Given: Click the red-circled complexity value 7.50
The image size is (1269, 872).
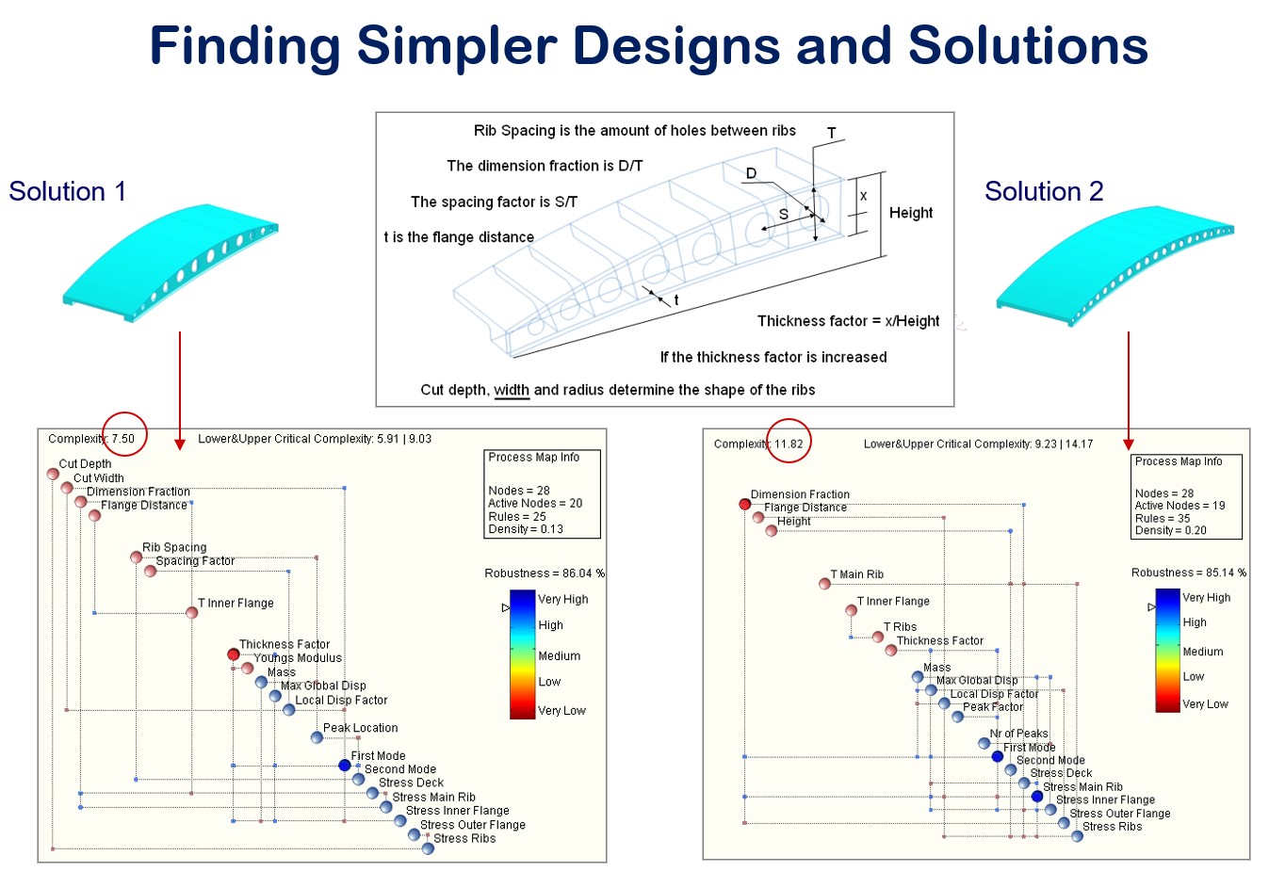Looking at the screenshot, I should click(x=123, y=439).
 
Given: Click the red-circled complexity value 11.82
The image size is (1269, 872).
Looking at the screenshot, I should click(x=789, y=444).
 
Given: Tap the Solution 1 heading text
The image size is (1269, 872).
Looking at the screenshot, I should click(x=68, y=191).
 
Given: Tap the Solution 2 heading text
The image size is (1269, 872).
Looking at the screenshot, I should click(x=1044, y=191).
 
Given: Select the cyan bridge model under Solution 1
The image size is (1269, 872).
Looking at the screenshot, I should click(x=170, y=259).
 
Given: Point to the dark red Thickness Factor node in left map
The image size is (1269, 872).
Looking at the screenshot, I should click(x=234, y=654).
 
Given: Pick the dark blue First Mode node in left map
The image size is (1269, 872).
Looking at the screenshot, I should click(x=345, y=766).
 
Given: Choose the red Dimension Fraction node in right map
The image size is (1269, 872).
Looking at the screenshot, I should click(x=745, y=505).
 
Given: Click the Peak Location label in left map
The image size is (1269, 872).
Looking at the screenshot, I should click(x=361, y=728).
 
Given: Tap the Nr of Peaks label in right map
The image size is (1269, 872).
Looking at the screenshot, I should click(x=1019, y=734).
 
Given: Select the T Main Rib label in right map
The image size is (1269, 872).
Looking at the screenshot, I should click(x=857, y=574).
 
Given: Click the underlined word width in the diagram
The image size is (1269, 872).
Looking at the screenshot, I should click(x=512, y=390).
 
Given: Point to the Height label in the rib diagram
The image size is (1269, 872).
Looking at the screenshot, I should click(x=911, y=213).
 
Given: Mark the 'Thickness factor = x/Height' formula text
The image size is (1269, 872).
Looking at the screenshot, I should click(x=849, y=321).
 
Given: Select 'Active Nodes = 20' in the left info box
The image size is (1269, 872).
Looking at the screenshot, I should click(x=535, y=504).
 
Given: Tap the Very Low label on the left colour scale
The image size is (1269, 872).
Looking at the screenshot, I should click(x=561, y=711).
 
